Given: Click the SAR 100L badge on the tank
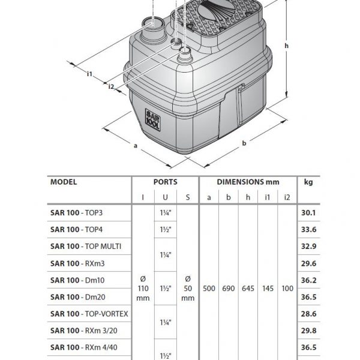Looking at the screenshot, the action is coord(152,119).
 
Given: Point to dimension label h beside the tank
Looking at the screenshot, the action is coord(286,46).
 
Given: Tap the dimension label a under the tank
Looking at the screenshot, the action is coord(136,146).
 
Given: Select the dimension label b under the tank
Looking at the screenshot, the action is coord(244,143).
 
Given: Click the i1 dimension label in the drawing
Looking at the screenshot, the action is coord(89,74).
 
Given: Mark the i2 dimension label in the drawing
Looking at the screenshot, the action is coord(111,86).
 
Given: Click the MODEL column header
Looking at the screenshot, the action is coord(64,182).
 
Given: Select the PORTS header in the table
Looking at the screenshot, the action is coord(166,182).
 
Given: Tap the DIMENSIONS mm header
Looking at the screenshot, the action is coord(248,182).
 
